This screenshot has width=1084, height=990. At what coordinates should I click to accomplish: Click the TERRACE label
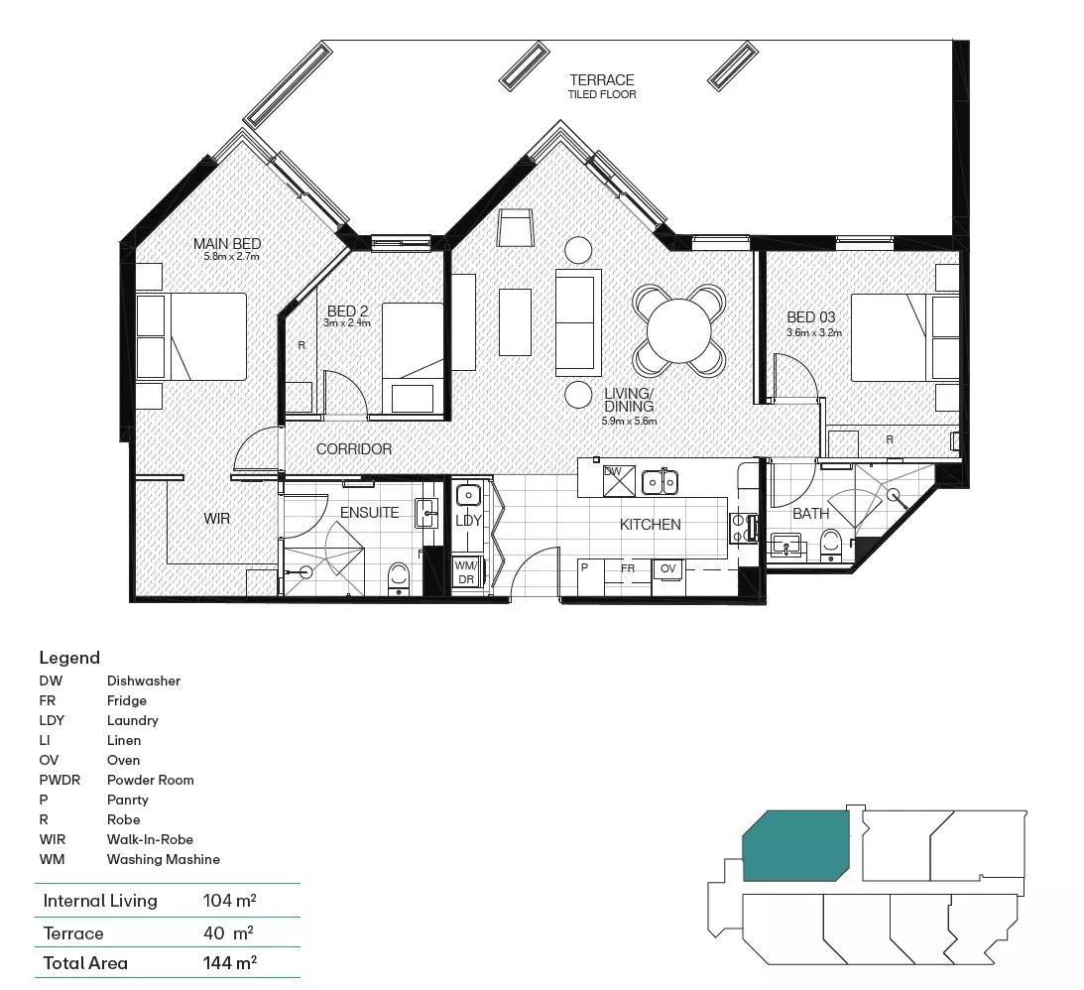coord(602,79)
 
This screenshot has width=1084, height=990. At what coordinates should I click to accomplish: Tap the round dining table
coord(679,329)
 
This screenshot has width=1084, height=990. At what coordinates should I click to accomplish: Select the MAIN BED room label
coord(226,244)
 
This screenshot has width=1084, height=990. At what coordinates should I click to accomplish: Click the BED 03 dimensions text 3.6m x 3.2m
coord(813,332)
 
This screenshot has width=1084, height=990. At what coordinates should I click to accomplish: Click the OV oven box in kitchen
coord(668,568)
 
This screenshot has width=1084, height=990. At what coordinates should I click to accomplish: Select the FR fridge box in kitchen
coord(628,568)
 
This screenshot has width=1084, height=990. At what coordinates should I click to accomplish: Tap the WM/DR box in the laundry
coord(466,572)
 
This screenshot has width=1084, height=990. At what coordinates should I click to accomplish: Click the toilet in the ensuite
coord(399,575)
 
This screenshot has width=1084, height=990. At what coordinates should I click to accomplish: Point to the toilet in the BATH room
coord(831,545)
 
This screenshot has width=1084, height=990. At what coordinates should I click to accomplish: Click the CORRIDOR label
coord(354,449)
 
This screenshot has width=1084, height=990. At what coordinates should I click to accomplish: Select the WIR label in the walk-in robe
coord(217,518)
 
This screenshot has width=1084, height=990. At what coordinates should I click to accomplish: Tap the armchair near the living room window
coord(516,227)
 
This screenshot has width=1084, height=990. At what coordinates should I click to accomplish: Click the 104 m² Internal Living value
coord(229,901)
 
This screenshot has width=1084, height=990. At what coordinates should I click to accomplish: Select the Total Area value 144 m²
coord(229,962)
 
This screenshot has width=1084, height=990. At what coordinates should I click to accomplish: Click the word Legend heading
coord(69,658)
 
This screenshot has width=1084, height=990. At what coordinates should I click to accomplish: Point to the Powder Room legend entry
coord(151,780)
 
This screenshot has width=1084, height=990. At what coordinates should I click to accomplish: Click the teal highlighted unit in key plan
coord(796,845)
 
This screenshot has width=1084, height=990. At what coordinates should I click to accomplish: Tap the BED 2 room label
coord(348,311)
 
